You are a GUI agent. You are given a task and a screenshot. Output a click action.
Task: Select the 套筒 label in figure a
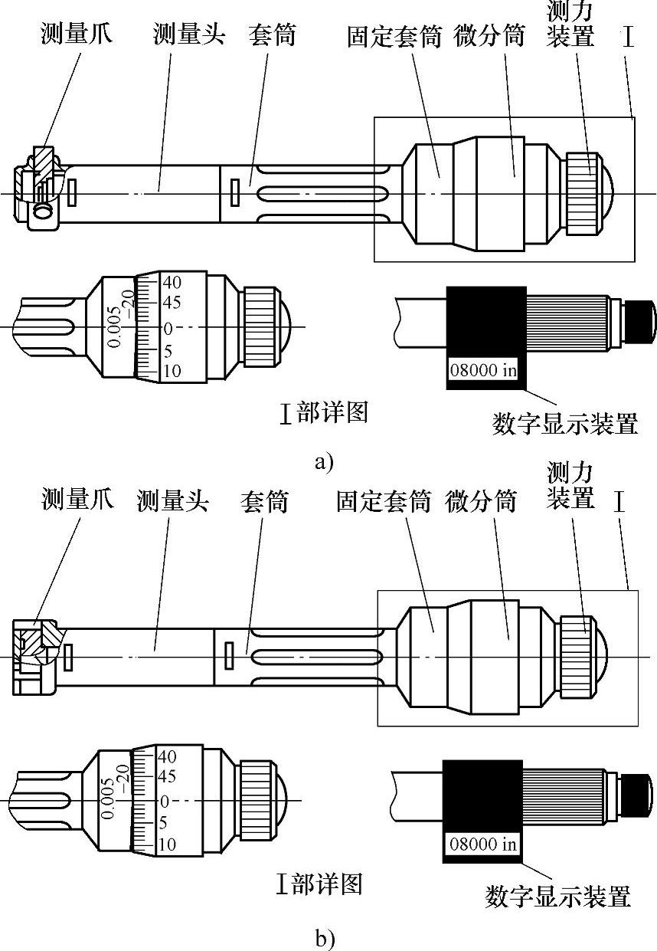pyautogui.click(x=272, y=35)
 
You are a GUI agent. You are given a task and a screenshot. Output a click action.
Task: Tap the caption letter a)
pyautogui.click(x=325, y=462)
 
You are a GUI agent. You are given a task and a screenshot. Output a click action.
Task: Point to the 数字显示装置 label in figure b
pyautogui.click(x=557, y=895)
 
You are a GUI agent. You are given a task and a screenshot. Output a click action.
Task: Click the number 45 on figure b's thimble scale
pyautogui.click(x=166, y=776)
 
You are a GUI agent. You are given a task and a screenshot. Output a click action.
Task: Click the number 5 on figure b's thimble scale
pyautogui.click(x=162, y=822)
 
